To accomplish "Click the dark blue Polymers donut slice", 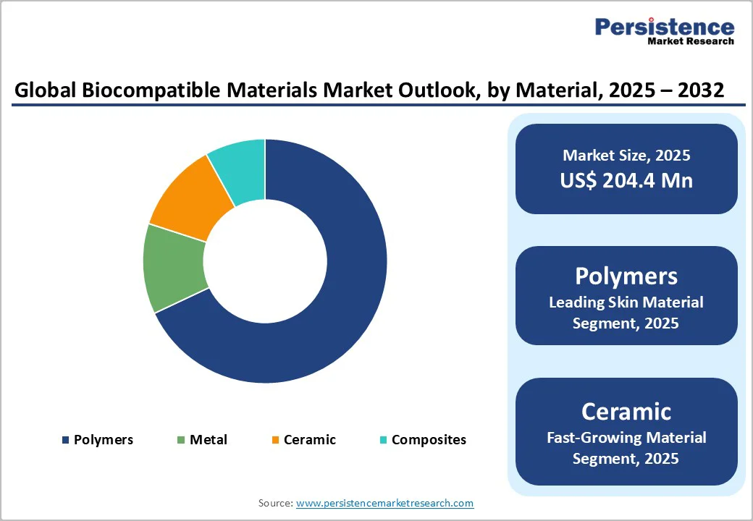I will pos(340,304).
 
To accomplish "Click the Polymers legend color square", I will pos(66,440).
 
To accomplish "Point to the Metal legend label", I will pos(209,440).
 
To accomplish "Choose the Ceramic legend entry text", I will pos(310,440).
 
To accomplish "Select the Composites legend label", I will pos(429,440).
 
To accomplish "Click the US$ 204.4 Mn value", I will pos(626,180).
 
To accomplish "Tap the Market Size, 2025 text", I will pos(626,155).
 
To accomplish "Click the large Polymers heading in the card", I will pos(626,276).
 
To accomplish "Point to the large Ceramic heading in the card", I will pos(626,411).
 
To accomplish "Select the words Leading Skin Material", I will pos(626,302).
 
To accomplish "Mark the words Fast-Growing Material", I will pos(626,437).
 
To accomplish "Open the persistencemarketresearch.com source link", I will pos(384,503).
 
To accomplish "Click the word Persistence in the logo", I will pos(664,27).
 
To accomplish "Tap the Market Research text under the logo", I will pos(691,41).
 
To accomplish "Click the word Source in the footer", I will pos(274,503).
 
